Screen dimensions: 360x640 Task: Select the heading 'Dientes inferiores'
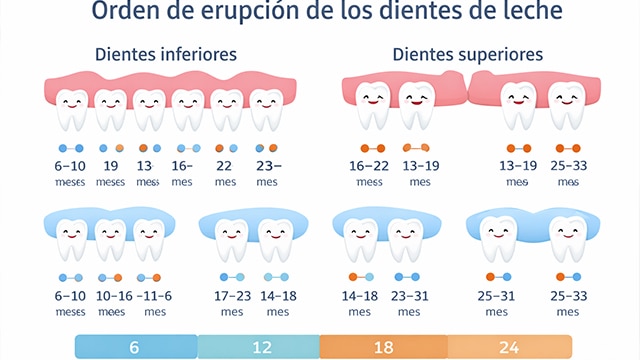tap(165, 54)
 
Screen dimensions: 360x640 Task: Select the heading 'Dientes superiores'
tap(467, 54)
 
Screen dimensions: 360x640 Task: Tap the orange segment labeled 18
tap(383, 347)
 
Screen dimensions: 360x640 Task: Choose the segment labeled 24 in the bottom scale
tap(509, 347)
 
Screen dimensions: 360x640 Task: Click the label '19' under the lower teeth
tap(111, 167)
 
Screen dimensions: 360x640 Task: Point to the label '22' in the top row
tap(225, 167)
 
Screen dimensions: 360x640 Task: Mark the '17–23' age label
tap(232, 296)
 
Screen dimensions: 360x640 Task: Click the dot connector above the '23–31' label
tap(407, 277)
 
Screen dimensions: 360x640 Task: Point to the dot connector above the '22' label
tap(225, 148)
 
